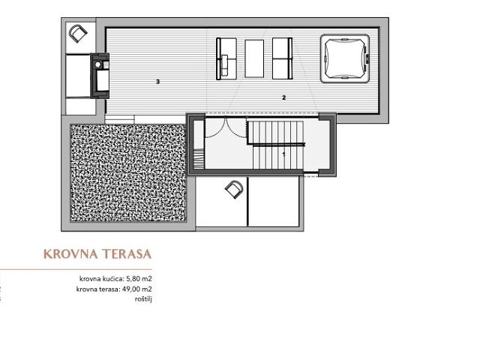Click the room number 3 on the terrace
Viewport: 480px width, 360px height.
pyautogui.click(x=158, y=82)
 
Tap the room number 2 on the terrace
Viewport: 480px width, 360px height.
pyautogui.click(x=283, y=97)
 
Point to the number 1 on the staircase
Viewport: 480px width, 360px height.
pyautogui.click(x=283, y=154)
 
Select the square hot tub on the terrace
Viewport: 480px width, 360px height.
pyautogui.click(x=345, y=58)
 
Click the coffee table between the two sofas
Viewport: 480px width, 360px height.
pyautogui.click(x=254, y=58)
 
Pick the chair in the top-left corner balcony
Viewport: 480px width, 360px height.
pyautogui.click(x=78, y=33)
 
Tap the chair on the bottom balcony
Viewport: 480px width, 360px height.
pyautogui.click(x=234, y=190)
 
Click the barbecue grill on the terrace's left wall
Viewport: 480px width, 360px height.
pyautogui.click(x=100, y=76)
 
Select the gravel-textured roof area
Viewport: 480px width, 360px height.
pyautogui.click(x=128, y=172)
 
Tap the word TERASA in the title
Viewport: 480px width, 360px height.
pyautogui.click(x=127, y=254)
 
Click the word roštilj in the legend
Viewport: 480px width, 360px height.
pyautogui.click(x=143, y=299)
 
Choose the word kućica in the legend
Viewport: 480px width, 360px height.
pyautogui.click(x=113, y=279)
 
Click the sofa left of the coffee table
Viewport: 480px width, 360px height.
pyautogui.click(x=226, y=58)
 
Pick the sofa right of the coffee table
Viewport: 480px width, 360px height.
pyautogui.click(x=282, y=58)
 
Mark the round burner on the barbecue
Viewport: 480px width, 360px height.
pyautogui.click(x=97, y=65)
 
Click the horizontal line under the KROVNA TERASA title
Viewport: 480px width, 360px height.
pyautogui.click(x=76, y=270)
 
